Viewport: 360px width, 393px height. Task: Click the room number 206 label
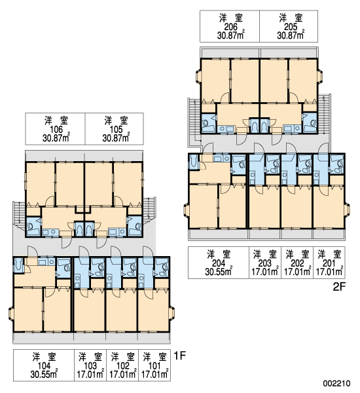click(x=230, y=27)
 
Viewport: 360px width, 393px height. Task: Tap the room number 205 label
click(x=291, y=27)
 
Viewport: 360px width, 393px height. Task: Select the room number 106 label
click(x=56, y=129)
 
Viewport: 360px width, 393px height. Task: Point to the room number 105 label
click(x=117, y=129)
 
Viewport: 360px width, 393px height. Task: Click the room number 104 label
click(x=44, y=366)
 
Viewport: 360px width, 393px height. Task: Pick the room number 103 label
click(x=90, y=366)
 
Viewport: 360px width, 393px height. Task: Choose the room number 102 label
click(x=123, y=366)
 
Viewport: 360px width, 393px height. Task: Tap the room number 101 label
click(x=154, y=366)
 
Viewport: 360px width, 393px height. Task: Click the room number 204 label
click(x=219, y=263)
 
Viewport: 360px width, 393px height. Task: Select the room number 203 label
click(x=265, y=263)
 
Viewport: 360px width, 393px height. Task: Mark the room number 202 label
click(x=297, y=263)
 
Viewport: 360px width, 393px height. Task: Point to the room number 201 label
click(x=329, y=263)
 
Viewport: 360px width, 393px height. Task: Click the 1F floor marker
click(x=179, y=356)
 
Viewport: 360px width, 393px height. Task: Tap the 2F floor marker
click(x=339, y=287)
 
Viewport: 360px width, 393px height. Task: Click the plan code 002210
click(x=336, y=383)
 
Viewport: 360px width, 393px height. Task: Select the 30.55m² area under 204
click(x=219, y=271)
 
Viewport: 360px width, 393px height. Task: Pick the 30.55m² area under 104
click(x=44, y=374)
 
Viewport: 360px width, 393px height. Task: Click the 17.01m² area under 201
click(x=329, y=271)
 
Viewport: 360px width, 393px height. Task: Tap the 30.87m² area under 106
click(x=56, y=138)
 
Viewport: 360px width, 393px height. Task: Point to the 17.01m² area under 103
click(x=90, y=374)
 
